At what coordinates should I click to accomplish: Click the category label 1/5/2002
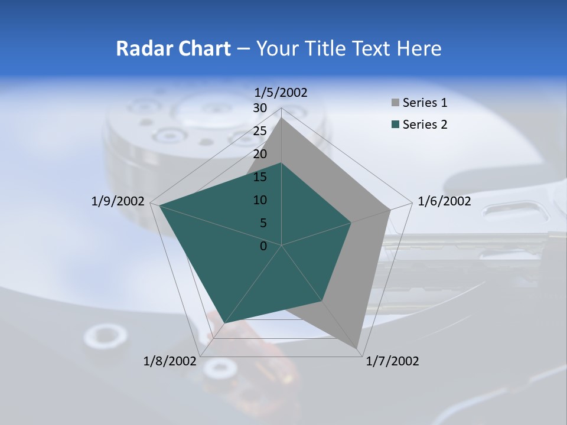point(281,92)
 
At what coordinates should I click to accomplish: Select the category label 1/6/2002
point(444,201)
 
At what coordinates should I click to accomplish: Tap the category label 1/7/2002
point(392,361)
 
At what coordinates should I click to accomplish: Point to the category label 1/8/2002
point(170,361)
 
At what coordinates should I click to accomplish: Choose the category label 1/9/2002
point(118,201)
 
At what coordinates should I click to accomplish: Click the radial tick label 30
point(260,108)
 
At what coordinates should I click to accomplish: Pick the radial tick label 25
point(260,131)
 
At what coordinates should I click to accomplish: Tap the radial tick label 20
point(260,154)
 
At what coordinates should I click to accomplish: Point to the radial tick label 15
point(260,177)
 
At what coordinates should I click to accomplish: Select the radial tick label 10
point(260,200)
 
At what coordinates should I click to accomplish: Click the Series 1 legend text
point(425,103)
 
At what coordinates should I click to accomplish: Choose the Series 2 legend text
point(425,125)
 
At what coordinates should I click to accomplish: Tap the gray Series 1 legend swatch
point(395,103)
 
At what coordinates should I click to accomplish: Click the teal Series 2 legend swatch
point(395,125)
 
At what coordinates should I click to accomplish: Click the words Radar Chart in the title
point(173,48)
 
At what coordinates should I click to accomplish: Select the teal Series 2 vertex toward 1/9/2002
point(159,205)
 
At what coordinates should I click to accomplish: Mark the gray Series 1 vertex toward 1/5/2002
point(282,117)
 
